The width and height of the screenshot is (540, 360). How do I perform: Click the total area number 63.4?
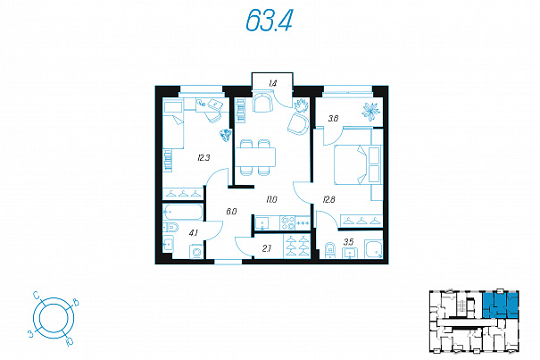pyautogui.click(x=270, y=21)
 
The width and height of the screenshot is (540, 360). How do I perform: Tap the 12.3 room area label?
pyautogui.click(x=204, y=158)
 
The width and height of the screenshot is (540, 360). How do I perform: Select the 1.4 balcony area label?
pyautogui.click(x=273, y=83)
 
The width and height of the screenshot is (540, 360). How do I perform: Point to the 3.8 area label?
pyautogui.click(x=333, y=119)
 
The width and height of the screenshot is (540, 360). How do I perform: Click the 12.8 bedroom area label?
pyautogui.click(x=328, y=199)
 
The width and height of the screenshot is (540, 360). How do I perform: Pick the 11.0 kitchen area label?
pyautogui.click(x=271, y=199)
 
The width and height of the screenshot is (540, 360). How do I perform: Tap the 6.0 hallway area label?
pyautogui.click(x=231, y=212)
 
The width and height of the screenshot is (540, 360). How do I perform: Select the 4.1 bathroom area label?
pyautogui.click(x=193, y=233)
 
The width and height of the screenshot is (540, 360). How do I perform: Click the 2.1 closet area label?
pyautogui.click(x=266, y=248)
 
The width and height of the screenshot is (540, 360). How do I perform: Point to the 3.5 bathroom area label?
pyautogui.click(x=348, y=241)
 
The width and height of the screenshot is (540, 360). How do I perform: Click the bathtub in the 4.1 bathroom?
pyautogui.click(x=182, y=212)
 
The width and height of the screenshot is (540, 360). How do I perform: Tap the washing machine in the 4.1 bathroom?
pyautogui.click(x=196, y=251)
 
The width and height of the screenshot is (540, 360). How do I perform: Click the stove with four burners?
pyautogui.click(x=287, y=222)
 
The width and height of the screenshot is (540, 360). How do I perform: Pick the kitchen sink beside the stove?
pyautogui.click(x=262, y=222)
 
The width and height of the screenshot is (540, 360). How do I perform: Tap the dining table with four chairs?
pyautogui.click(x=255, y=157)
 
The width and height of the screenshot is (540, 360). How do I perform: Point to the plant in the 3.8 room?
pyautogui.click(x=370, y=111)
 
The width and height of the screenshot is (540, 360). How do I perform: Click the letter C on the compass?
pyautogui.click(x=37, y=295)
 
